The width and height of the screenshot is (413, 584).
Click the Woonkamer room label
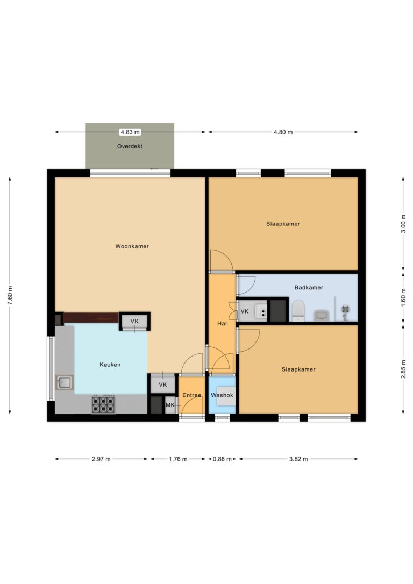click(132, 246)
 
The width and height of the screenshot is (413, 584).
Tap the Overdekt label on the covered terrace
click(130, 146)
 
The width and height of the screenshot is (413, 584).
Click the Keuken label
click(110, 365)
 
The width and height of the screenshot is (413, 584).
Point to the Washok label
click(222, 395)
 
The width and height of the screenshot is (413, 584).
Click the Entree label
click(191, 395)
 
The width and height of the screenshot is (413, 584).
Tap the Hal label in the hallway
click(221, 324)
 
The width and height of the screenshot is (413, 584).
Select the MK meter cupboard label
click(170, 405)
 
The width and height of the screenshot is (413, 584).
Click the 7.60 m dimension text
click(10, 295)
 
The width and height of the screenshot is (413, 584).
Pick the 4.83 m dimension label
click(130, 132)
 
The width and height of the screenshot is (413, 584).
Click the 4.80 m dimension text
click(283, 132)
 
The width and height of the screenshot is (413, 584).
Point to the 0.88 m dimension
click(222, 459)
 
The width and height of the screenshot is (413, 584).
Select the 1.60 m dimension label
click(403, 298)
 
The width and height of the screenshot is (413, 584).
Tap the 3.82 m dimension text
click(298, 459)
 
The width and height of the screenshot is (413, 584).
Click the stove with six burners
click(103, 404)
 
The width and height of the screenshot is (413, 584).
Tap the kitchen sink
click(65, 382)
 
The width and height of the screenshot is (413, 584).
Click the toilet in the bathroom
click(298, 311)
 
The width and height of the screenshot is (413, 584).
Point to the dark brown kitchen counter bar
click(90, 318)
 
